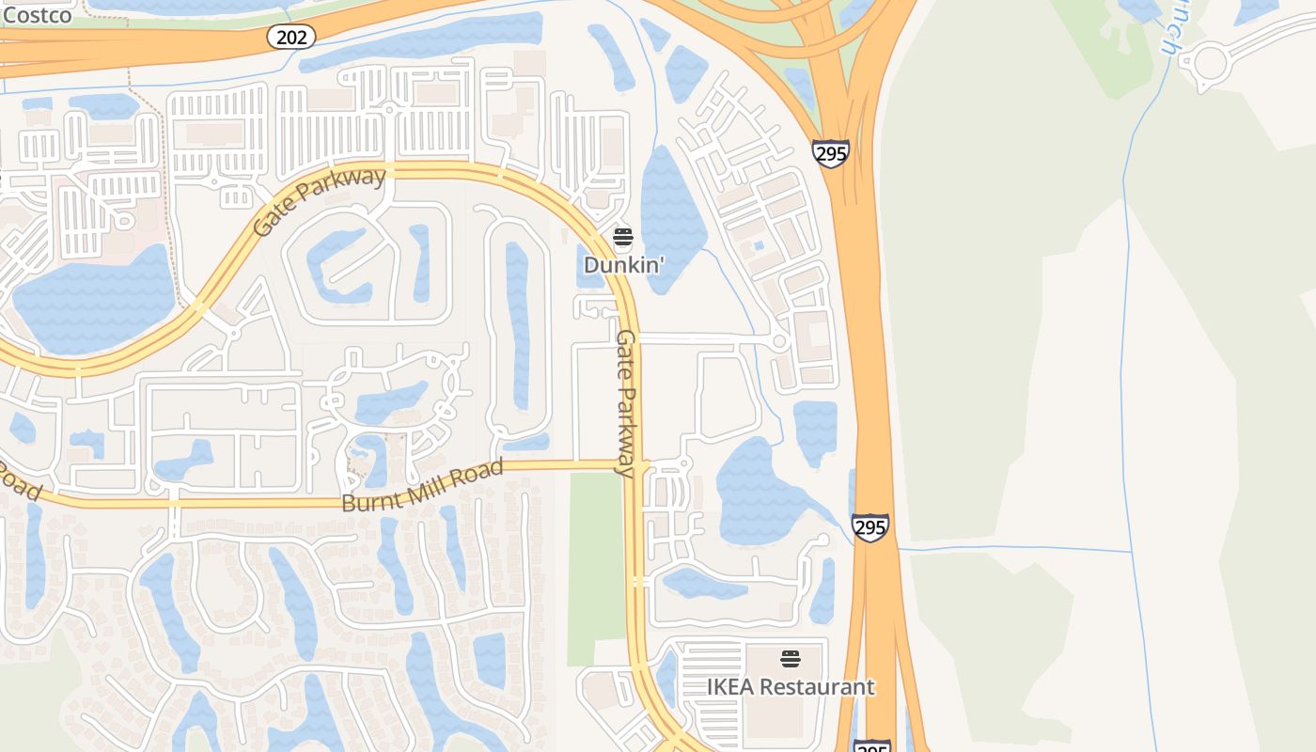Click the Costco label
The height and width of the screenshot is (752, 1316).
pos(38,15)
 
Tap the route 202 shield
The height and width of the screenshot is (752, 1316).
pos(290,37)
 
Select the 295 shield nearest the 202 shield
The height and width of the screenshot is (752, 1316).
pos(831,153)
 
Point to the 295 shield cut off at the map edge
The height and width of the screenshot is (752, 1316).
pos(871,746)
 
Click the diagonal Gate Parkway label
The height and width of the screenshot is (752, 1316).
pos(320,201)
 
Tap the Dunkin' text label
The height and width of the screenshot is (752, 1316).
pos(623,265)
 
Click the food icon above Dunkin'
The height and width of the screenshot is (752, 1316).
pos(623,236)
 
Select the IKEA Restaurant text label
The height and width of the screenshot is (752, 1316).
pos(791,687)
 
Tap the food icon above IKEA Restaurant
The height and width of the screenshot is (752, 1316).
pos(790,658)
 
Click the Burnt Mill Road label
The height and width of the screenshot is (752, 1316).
pos(422,486)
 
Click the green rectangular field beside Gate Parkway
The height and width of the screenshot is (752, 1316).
pos(595,564)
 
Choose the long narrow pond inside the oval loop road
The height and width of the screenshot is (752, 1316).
pos(518,324)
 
